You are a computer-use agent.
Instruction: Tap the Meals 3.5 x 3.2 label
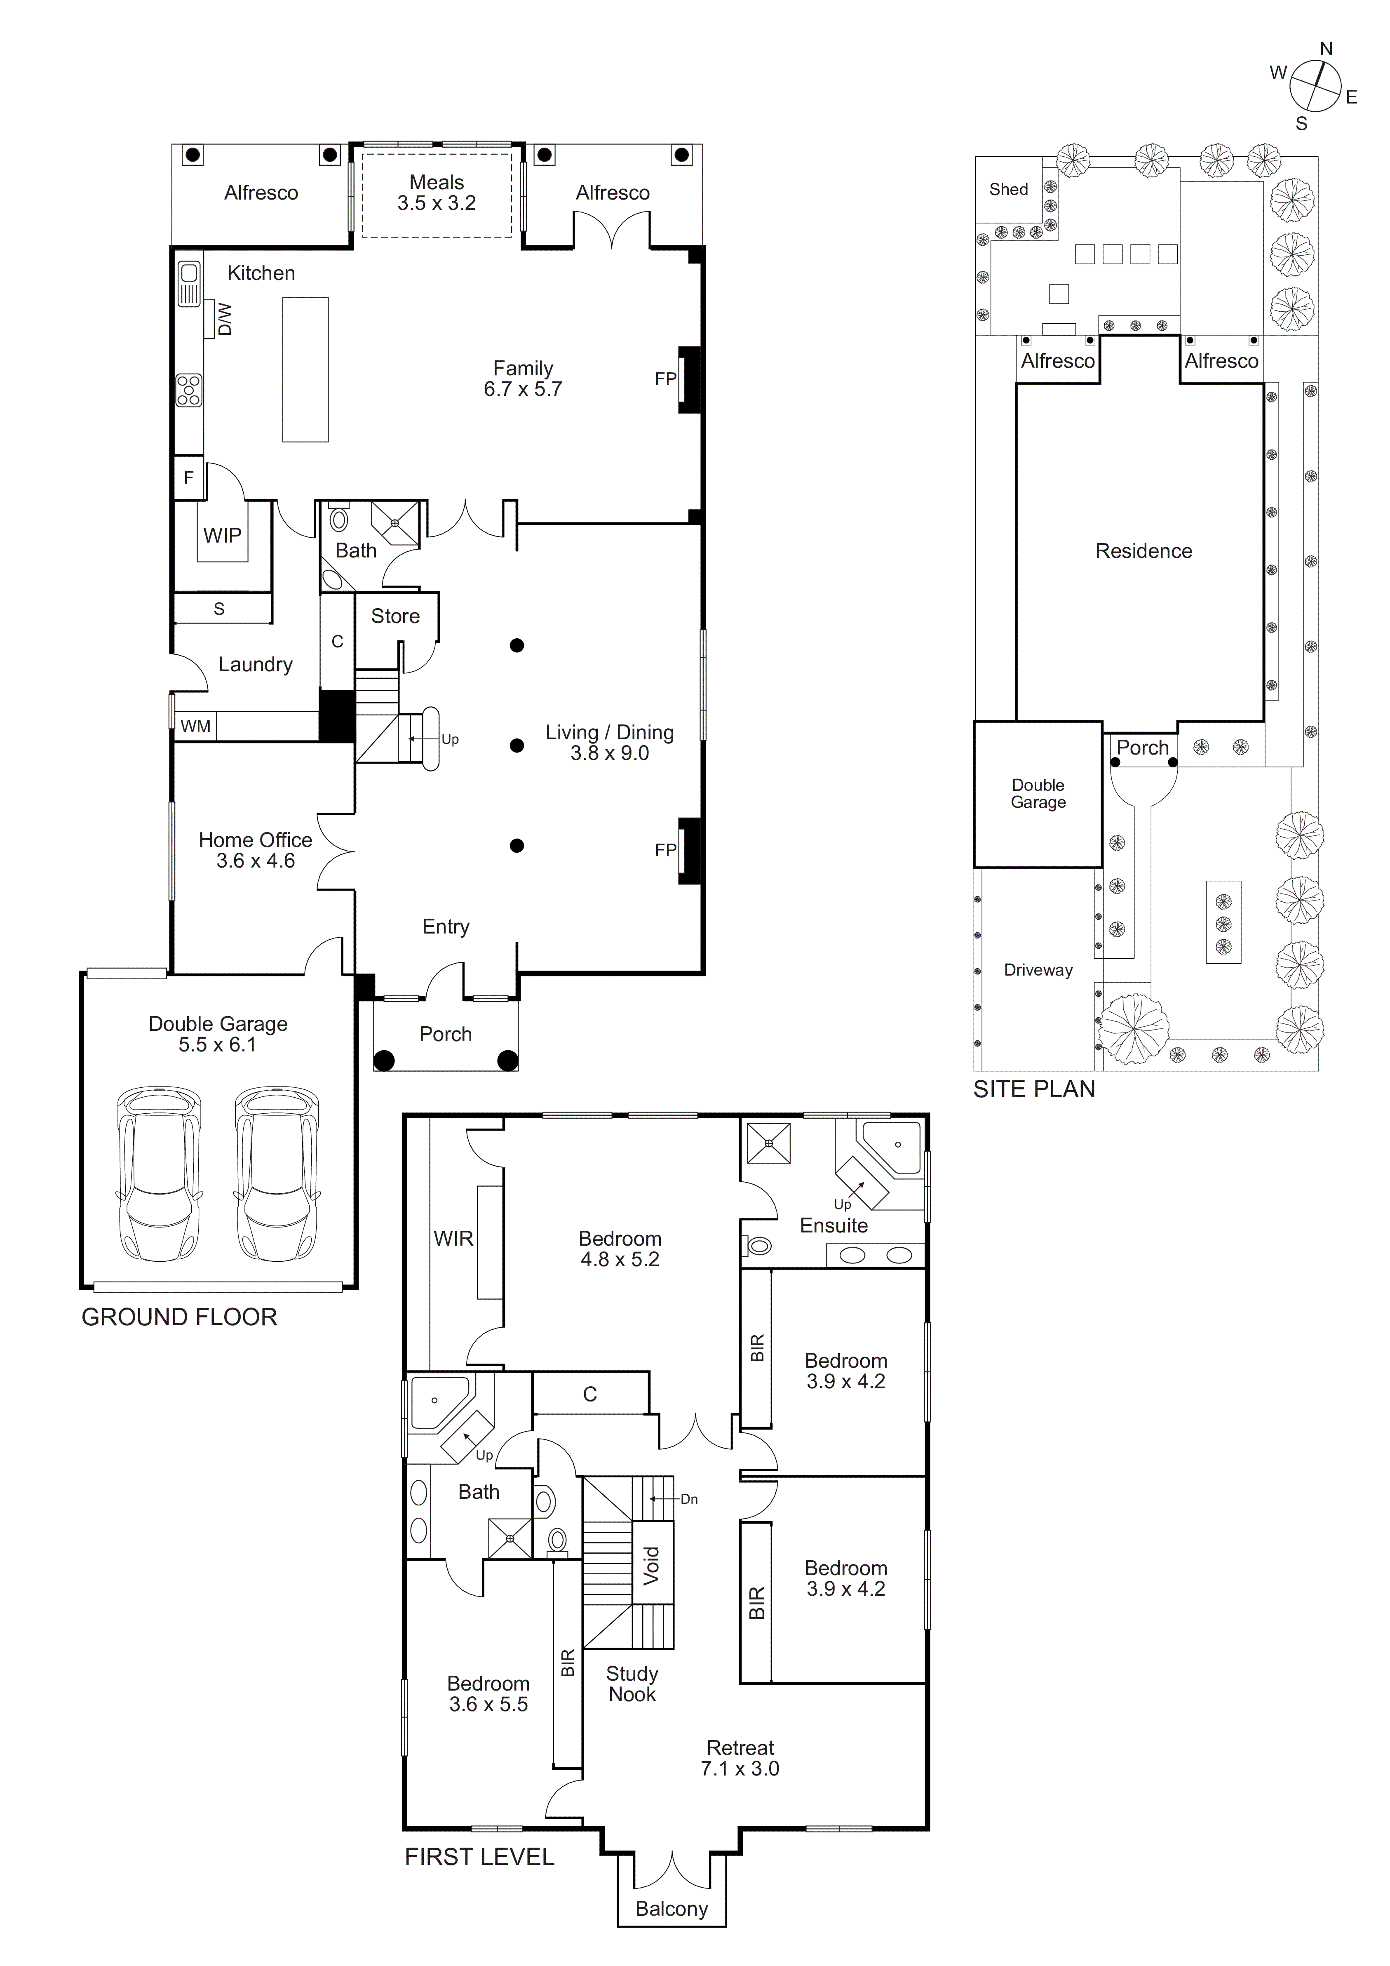437,193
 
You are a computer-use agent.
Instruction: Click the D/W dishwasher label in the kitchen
224,319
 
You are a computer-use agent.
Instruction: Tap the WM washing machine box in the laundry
195,726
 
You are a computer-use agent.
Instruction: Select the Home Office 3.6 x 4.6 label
255,850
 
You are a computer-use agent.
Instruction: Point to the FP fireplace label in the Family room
665,379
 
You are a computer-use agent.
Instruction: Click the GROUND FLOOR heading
179,1317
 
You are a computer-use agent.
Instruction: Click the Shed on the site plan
1008,189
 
